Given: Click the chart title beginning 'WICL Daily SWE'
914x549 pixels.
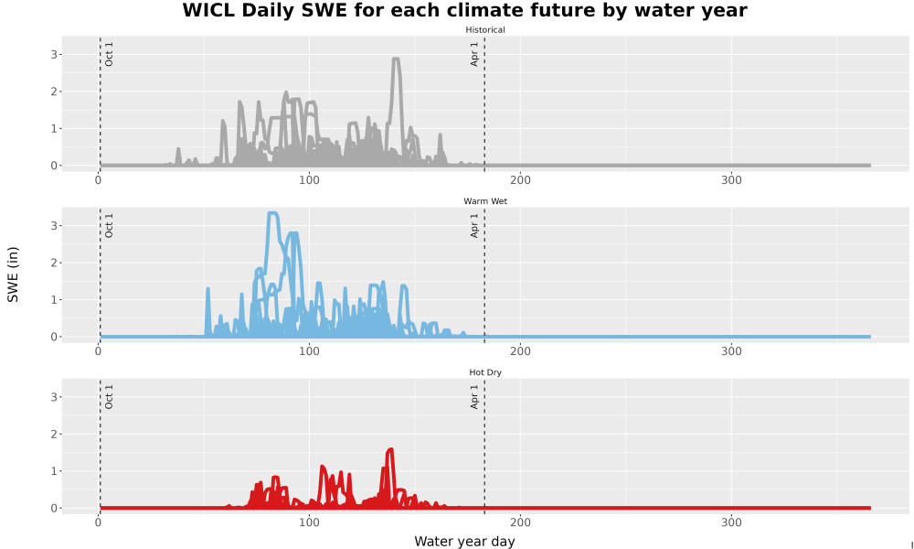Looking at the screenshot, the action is pos(464,10).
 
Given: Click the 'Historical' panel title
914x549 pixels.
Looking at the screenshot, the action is pos(485,30).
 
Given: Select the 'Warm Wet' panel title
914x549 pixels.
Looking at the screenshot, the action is pos(485,201).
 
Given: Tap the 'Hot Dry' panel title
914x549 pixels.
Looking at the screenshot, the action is pos(485,372).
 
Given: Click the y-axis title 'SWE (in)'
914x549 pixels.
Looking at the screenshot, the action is pos(13,274).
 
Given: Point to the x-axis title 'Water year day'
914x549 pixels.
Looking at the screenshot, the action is pos(464,541).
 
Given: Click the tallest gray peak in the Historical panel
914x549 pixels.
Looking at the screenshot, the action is pos(397,59).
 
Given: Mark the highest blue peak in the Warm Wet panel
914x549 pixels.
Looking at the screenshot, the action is pos(272,213).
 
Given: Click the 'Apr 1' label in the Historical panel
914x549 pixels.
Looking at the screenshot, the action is pos(474,54).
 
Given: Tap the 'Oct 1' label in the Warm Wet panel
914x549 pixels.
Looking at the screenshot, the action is pos(109,225).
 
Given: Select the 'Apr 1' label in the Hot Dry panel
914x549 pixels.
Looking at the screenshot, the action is pos(474,396).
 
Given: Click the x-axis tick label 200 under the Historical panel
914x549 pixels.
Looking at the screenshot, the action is pos(520,179).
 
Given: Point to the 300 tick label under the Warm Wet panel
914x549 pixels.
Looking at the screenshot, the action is pos(731,351).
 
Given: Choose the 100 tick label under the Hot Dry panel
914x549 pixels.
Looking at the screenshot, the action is pos(309,522).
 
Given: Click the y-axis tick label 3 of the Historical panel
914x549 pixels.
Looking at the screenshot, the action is pos(54,54).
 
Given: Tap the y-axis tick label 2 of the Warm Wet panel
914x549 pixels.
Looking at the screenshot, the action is pos(54,263).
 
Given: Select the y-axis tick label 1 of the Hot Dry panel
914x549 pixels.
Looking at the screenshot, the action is pos(54,471).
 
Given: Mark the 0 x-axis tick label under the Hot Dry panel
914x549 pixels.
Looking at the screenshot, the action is pos(98,522).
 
